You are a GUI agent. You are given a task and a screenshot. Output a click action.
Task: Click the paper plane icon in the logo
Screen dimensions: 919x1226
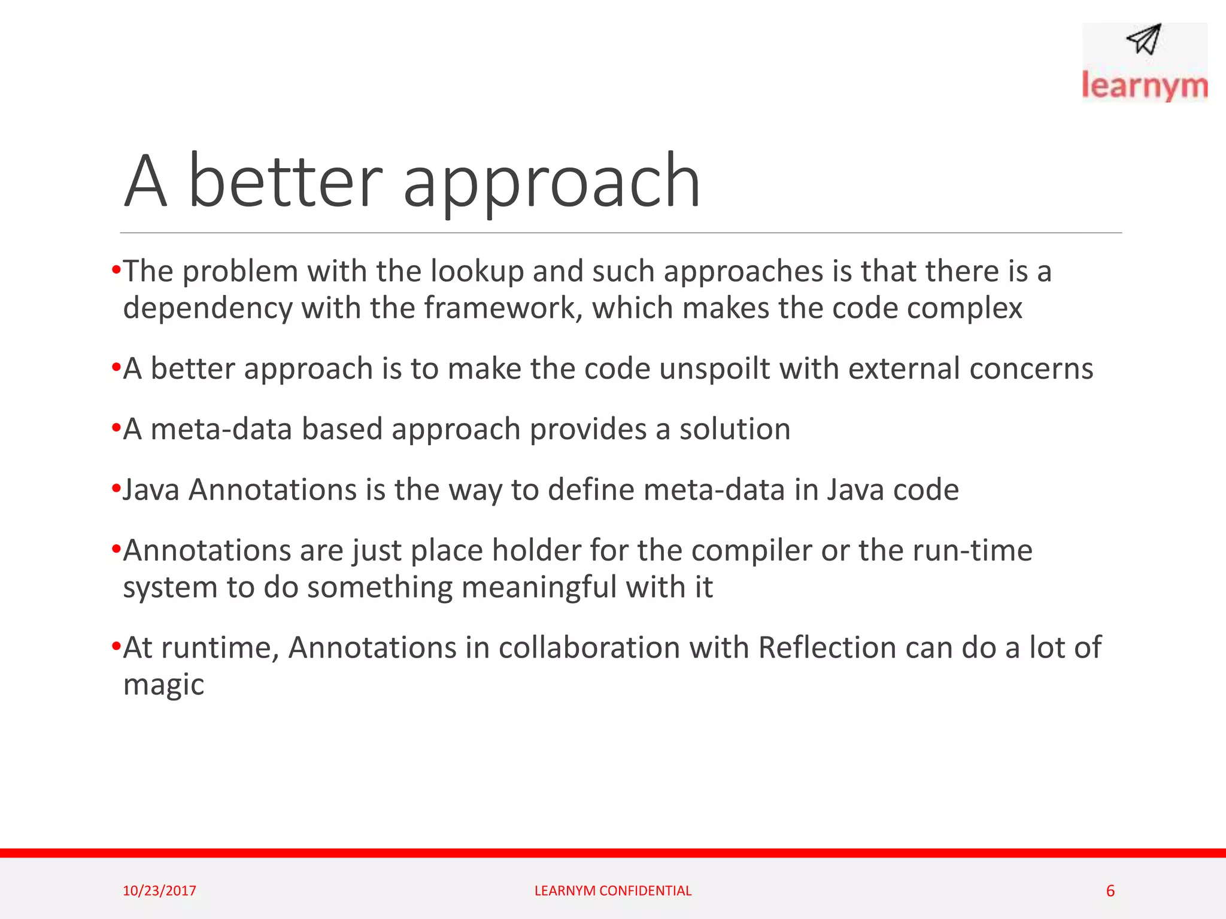pyautogui.click(x=1144, y=39)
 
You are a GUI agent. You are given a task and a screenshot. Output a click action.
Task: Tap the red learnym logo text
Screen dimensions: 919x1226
pyautogui.click(x=1144, y=86)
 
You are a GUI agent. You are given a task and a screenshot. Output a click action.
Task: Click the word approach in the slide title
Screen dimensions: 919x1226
pyautogui.click(x=551, y=182)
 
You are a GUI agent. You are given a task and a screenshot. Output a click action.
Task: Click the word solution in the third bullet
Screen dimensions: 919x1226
pyautogui.click(x=735, y=429)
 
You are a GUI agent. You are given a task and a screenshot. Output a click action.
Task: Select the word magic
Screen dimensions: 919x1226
pyautogui.click(x=163, y=685)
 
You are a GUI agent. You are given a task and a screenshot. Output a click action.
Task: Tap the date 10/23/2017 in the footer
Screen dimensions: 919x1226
pyautogui.click(x=159, y=891)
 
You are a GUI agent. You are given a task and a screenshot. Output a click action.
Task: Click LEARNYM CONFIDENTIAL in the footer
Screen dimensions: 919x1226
pyautogui.click(x=612, y=891)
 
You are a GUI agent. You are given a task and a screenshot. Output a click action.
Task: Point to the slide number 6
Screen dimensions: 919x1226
pyautogui.click(x=1110, y=891)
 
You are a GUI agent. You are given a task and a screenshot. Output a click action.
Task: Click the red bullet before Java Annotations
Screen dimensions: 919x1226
pyautogui.click(x=116, y=489)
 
